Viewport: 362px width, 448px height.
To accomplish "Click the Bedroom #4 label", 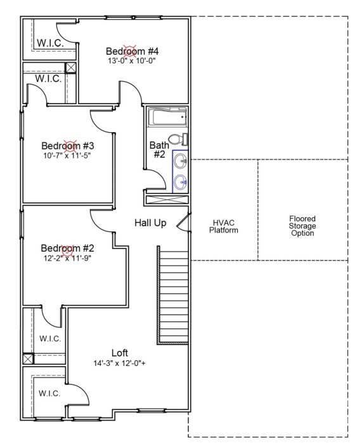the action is pyautogui.click(x=132, y=51).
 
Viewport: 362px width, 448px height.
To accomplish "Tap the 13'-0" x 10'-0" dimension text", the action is pyautogui.click(x=132, y=61).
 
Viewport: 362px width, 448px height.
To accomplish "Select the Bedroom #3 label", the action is pyautogui.click(x=68, y=146).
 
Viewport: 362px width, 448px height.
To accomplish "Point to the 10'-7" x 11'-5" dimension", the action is pyautogui.click(x=67, y=156).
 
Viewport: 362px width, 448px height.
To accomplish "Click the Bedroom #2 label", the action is pyautogui.click(x=67, y=248).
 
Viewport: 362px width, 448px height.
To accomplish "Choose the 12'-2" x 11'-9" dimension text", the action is pyautogui.click(x=67, y=258).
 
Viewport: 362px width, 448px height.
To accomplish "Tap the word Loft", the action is pyautogui.click(x=119, y=353).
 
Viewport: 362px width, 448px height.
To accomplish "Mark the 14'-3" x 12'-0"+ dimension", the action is pyautogui.click(x=119, y=363).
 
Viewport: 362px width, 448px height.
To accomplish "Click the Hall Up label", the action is pyautogui.click(x=150, y=223).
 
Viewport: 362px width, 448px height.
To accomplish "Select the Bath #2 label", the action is pyautogui.click(x=159, y=150).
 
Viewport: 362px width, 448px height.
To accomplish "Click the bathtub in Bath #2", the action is pyautogui.click(x=167, y=116).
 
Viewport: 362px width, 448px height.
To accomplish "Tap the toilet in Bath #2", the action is pyautogui.click(x=178, y=139).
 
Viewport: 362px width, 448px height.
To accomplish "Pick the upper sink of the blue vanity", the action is pyautogui.click(x=181, y=161).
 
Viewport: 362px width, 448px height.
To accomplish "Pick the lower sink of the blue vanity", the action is pyautogui.click(x=181, y=182).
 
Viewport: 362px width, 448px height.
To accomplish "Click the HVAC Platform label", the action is pyautogui.click(x=223, y=226).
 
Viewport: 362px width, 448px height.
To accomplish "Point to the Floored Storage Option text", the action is pyautogui.click(x=302, y=226).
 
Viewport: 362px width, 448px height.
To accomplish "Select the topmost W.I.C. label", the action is pyautogui.click(x=50, y=43).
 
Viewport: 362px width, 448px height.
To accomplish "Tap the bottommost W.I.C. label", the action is pyautogui.click(x=49, y=393).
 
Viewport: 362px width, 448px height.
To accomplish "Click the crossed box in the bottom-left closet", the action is pyautogui.click(x=28, y=358).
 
